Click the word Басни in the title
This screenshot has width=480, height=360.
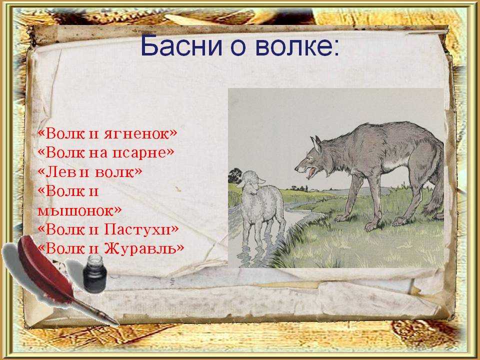[x=181, y=46]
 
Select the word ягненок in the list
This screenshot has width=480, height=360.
[x=140, y=133]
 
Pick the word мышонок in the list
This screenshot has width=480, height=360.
[x=79, y=210]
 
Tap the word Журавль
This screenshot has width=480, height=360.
[x=144, y=248]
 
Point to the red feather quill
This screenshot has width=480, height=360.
[x=46, y=269]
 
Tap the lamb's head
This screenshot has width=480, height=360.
[x=250, y=182]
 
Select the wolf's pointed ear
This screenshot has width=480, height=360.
[x=316, y=144]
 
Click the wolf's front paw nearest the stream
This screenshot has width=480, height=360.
[x=342, y=218]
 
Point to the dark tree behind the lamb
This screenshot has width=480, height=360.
[x=235, y=175]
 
